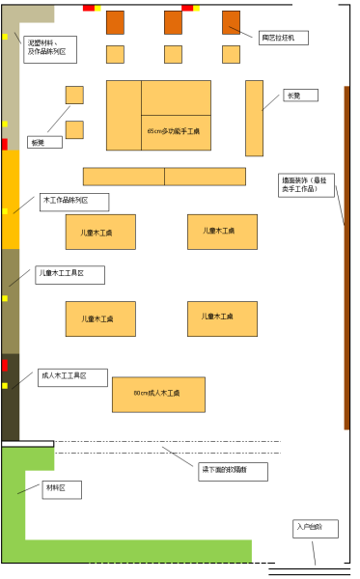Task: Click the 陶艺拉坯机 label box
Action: click(x=284, y=38)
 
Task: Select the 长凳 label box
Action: click(x=300, y=96)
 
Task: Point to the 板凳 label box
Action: click(x=44, y=142)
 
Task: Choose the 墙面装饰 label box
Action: click(x=306, y=185)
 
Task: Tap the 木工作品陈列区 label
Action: click(x=73, y=202)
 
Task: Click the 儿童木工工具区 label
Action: click(x=69, y=275)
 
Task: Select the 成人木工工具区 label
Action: click(x=71, y=377)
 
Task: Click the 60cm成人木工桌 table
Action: click(x=158, y=394)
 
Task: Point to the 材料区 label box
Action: click(x=62, y=489)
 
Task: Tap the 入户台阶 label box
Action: click(x=316, y=528)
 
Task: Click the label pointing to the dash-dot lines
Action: click(x=233, y=471)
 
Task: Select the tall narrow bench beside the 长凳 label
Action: click(x=254, y=118)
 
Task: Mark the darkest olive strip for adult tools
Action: click(x=10, y=397)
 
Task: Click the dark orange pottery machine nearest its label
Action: click(x=232, y=22)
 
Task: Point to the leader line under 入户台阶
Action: click(x=313, y=552)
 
